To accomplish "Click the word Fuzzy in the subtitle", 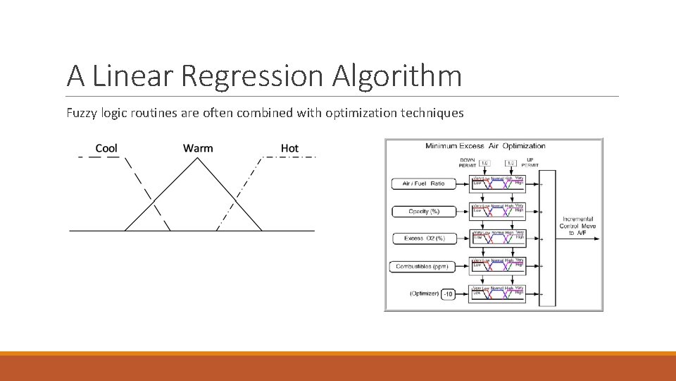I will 82,112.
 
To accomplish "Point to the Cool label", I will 106,148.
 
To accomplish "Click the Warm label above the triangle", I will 198,148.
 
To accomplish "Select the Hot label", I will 289,148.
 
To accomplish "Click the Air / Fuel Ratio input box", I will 423,183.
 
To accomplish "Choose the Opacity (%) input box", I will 423,211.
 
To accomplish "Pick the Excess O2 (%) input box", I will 424,238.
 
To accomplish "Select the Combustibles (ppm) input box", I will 422,266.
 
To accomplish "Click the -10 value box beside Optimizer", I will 448,294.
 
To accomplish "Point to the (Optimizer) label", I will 424,294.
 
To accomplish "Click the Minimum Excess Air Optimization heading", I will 485,146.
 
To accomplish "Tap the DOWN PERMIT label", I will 467,162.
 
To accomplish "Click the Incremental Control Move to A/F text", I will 577,226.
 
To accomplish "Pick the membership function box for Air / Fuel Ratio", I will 497,183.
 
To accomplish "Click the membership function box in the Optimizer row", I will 497,294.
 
